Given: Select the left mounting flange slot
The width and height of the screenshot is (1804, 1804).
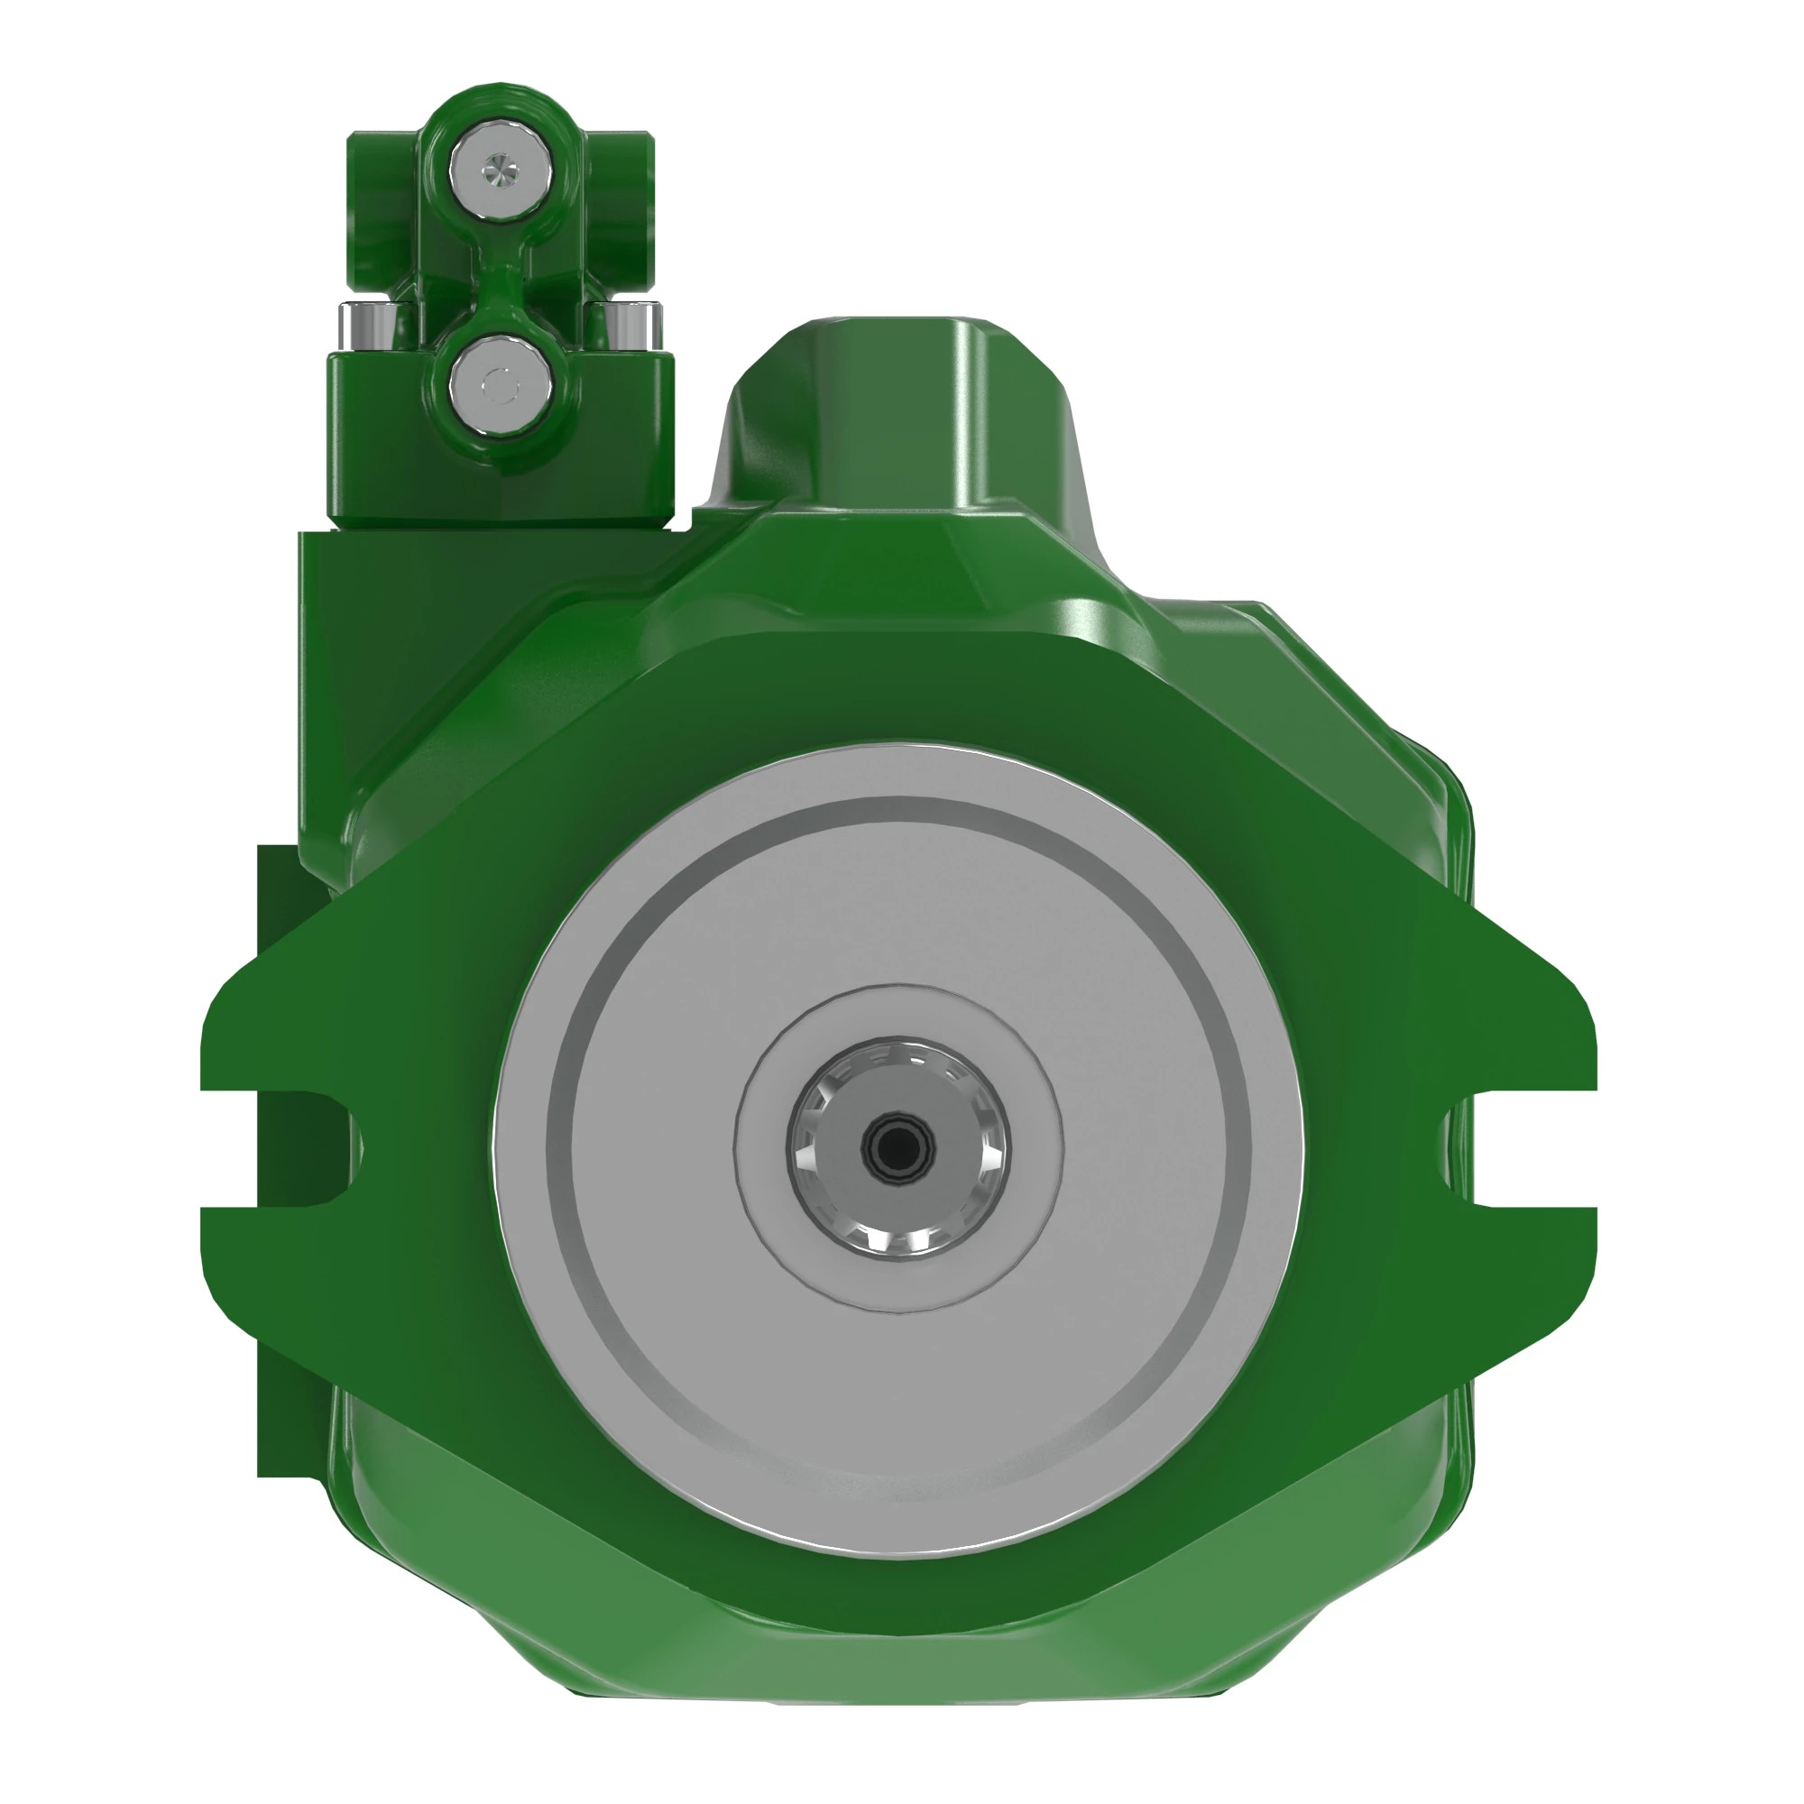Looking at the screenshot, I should (281, 1148).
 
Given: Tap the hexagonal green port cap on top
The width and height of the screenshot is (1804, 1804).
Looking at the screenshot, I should (897, 410).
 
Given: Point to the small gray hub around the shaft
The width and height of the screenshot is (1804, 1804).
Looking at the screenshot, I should (1027, 1148).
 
